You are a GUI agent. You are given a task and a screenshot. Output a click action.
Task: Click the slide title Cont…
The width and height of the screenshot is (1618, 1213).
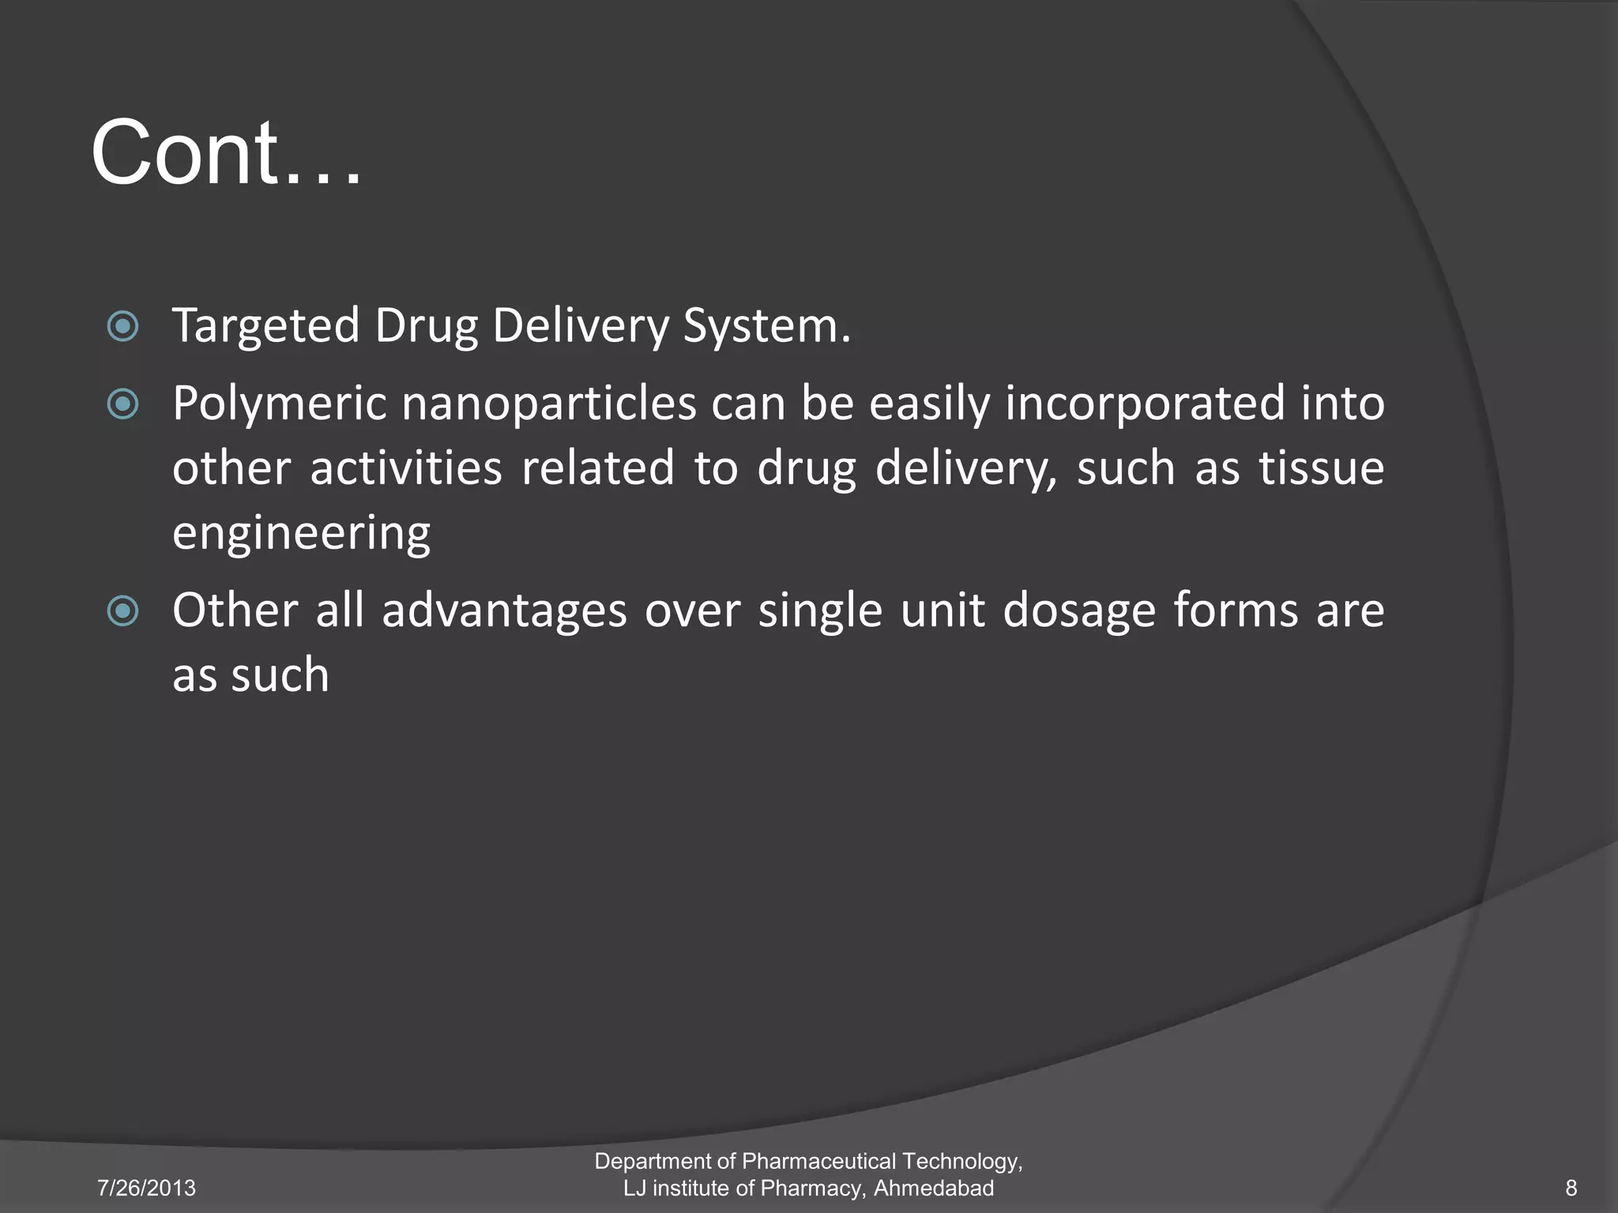coord(227,152)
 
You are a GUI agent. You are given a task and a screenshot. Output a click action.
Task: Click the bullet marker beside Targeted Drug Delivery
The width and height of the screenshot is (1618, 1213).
coord(122,326)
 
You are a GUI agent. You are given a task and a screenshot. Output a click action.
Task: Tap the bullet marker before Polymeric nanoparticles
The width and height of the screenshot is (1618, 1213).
coord(122,404)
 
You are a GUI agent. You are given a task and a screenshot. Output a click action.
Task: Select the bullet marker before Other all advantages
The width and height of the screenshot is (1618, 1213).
coord(122,611)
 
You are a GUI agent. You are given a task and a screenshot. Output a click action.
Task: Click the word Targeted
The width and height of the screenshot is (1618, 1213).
coord(266,326)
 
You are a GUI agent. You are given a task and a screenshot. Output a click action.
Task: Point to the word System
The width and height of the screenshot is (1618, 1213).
coord(766,326)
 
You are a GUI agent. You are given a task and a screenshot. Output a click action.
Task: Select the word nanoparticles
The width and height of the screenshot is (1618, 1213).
coord(549,404)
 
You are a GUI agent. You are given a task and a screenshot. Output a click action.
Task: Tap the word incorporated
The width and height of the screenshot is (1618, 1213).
coord(1146,404)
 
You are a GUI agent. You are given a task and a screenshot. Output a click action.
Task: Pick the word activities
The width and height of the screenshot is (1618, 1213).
coord(406,468)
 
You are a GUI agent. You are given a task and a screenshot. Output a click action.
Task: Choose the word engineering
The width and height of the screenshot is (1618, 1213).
coord(301,534)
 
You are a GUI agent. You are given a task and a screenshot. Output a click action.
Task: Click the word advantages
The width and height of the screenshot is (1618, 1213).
coord(504,611)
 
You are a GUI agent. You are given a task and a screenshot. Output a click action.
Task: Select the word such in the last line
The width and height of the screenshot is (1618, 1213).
coord(280,676)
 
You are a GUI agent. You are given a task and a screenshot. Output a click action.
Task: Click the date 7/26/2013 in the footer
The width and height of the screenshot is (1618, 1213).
coord(146,1188)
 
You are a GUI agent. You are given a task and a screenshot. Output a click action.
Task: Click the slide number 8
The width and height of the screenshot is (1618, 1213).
coord(1571,1188)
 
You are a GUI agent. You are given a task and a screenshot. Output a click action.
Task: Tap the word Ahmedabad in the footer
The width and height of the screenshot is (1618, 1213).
coord(934,1188)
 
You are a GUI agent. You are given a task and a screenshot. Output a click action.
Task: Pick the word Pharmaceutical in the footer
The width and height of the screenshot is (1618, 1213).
coord(818,1161)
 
